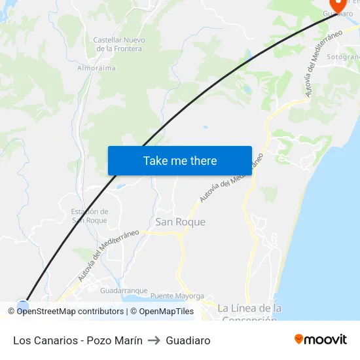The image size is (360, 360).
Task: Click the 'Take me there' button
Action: (x=179, y=160)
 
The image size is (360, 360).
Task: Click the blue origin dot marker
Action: (x=23, y=306)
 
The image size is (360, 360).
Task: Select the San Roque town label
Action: (x=180, y=222)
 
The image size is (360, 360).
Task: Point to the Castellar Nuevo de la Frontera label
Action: (x=120, y=45)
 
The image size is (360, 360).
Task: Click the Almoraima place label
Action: (x=96, y=67)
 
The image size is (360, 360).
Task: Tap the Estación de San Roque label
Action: (x=89, y=216)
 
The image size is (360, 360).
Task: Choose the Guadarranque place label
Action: (x=124, y=291)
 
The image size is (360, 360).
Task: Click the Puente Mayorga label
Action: (x=177, y=295)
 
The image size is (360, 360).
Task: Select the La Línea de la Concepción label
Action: (x=249, y=313)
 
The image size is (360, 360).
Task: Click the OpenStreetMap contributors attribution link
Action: (x=70, y=312)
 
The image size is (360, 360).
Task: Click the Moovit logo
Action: (x=320, y=340)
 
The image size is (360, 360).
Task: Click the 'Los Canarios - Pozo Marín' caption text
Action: (x=78, y=340)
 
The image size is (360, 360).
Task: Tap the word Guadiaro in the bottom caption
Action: (x=189, y=340)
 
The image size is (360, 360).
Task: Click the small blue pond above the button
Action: (x=206, y=127)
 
